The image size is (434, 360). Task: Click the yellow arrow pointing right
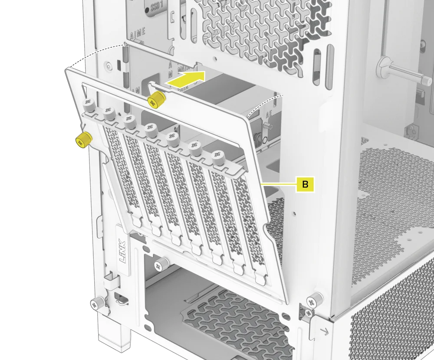click(186, 79)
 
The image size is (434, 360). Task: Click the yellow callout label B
click(305, 184)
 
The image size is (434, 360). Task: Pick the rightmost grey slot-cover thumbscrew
click(217, 157)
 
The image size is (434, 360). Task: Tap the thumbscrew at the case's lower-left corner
click(97, 302)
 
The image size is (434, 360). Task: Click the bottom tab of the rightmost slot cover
click(259, 278)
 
